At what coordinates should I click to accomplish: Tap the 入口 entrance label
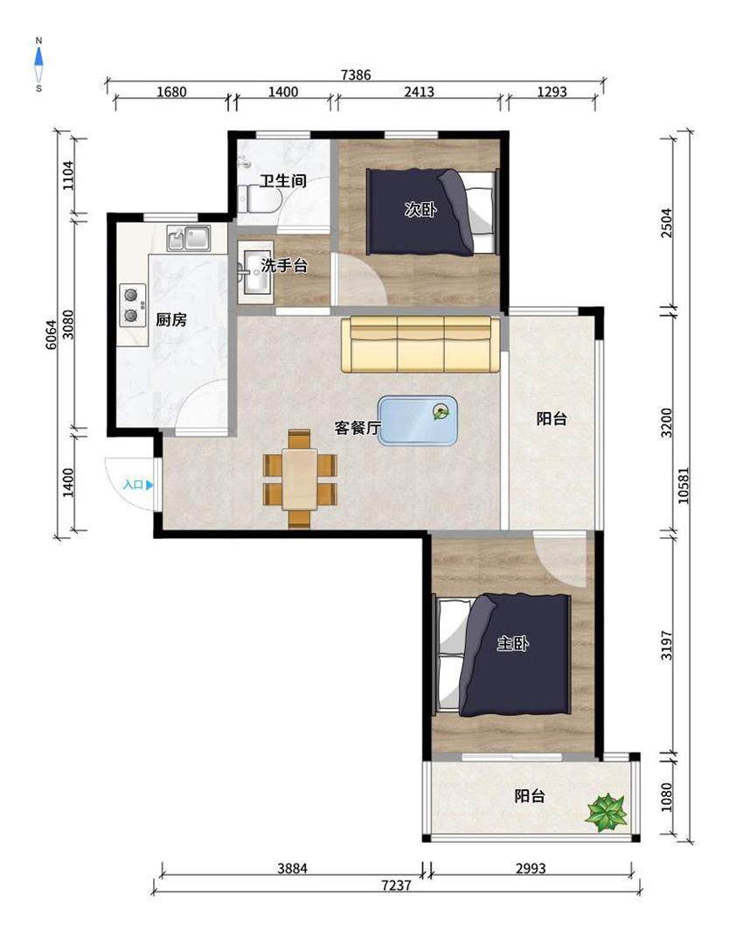coord(133,485)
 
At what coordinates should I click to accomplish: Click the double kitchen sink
coord(189,238)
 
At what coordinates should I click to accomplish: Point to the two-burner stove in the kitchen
coord(133,305)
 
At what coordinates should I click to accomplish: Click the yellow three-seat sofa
coord(420,344)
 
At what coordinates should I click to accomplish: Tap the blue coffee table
coord(417,421)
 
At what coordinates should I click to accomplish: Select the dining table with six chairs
coord(299,479)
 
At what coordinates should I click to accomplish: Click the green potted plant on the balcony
coord(607,812)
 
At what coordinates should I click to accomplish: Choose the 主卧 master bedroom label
coord(512,643)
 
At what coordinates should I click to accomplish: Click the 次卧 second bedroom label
coord(420,210)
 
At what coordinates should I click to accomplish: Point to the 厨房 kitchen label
coord(170,319)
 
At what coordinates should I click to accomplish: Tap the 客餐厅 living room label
coord(358,428)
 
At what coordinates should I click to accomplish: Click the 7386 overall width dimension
coord(356,74)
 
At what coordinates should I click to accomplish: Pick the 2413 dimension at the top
coord(419,92)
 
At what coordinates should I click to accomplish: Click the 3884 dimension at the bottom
coord(293,869)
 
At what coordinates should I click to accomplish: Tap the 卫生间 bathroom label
coord(283,180)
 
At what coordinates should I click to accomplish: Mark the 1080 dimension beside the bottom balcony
coord(666,797)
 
